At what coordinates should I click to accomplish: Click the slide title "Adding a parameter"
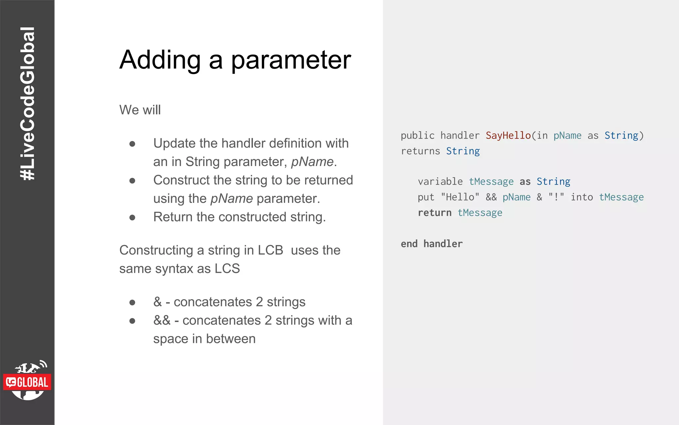pos(235,60)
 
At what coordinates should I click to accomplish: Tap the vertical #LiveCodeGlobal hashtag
pos(28,104)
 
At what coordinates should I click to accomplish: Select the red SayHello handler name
pos(508,135)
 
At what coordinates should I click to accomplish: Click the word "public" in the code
pos(417,135)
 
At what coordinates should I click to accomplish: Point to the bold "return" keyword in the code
pos(434,213)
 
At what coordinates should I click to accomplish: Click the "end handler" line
pos(431,244)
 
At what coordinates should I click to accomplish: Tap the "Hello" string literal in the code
pos(460,197)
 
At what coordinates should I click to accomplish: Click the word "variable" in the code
pos(440,182)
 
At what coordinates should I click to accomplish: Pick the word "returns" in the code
pos(420,151)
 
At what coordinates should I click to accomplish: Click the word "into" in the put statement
pos(582,197)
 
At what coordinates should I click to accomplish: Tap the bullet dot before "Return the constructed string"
pos(132,218)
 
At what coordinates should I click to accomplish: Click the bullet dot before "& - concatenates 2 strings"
pos(132,302)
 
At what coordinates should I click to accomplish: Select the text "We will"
pos(140,110)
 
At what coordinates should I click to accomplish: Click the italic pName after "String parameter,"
pos(312,162)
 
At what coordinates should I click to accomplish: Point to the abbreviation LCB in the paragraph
pos(270,250)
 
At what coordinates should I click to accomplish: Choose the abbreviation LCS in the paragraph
pos(227,269)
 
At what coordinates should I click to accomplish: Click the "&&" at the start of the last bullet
pos(162,320)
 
